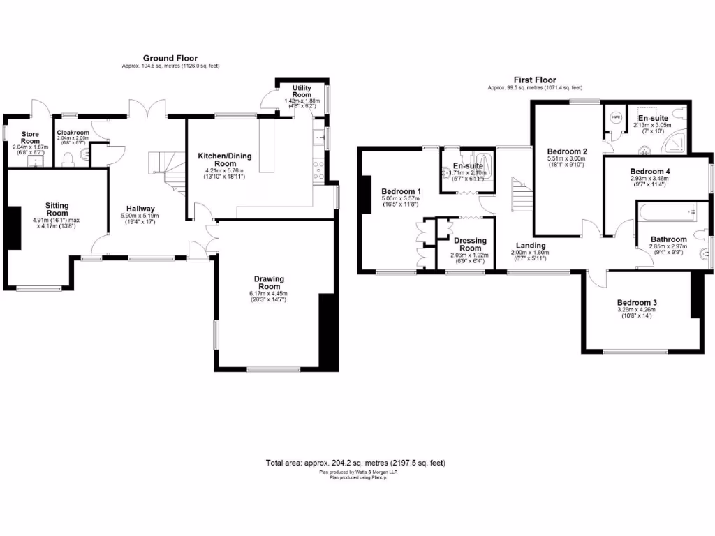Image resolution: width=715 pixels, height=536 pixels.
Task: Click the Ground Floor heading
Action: tap(170, 58)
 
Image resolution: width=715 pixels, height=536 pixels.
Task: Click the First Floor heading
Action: tap(535, 80)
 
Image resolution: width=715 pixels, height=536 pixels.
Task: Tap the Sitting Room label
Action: tap(57, 209)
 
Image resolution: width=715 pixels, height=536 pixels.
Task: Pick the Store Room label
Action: tap(30, 137)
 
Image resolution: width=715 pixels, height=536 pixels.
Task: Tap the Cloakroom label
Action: tap(73, 132)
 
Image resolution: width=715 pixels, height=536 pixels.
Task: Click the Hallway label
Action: tap(140, 209)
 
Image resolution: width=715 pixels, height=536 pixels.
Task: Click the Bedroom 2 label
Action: tap(567, 151)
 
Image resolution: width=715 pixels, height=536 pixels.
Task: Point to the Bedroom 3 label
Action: tap(637, 302)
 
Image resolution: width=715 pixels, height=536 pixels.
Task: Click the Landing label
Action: tap(530, 245)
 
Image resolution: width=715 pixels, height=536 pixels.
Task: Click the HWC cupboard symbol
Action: tap(615, 117)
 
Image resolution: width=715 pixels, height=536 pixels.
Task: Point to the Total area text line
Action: tap(355, 463)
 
